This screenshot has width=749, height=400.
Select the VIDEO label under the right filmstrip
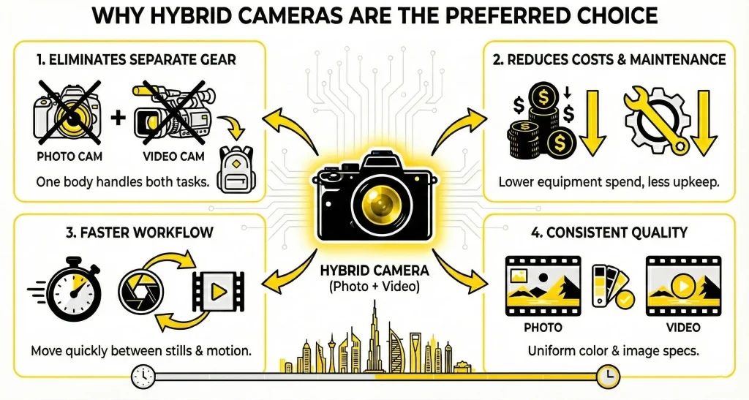click(x=683, y=327)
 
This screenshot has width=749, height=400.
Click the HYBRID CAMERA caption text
click(x=374, y=271)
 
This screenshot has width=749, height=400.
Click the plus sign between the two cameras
click(x=118, y=116)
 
